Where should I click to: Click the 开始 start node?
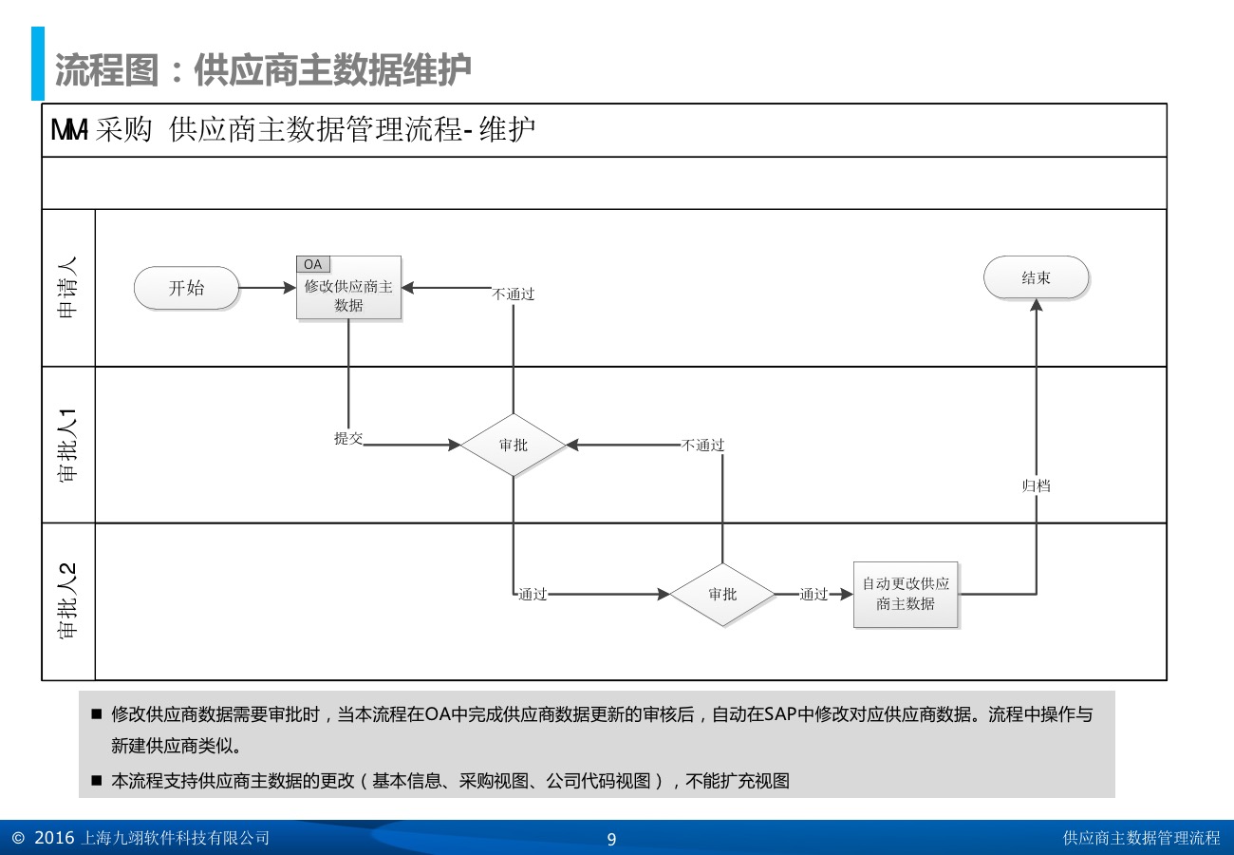coord(186,288)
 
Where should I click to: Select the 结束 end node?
coord(1036,277)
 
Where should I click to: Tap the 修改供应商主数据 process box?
coord(348,294)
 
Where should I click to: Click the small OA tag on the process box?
coord(312,263)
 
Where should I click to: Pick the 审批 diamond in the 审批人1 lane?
coord(513,445)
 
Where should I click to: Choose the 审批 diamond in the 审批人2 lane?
coord(721,595)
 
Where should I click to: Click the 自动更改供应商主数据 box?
coord(906,594)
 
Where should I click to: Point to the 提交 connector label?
coord(348,438)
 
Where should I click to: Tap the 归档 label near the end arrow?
coord(1036,485)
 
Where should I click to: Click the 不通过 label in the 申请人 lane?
coord(514,294)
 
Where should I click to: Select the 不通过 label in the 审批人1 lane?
coord(703,445)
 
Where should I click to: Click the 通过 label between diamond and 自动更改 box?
coord(813,595)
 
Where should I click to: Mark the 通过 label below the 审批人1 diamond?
coord(533,595)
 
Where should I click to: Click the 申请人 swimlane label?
coord(68,288)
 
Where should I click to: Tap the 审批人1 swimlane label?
coord(68,445)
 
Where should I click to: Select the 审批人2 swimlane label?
coord(68,601)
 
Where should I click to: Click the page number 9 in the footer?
coord(611,839)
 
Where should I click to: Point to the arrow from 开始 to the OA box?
coord(268,288)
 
